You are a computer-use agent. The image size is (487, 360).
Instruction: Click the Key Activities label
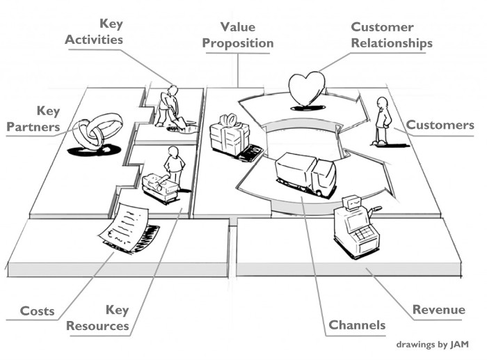94,32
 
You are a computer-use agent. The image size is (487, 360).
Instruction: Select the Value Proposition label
238,35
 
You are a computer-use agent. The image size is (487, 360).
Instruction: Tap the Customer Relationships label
391,35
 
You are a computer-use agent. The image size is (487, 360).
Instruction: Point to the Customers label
440,125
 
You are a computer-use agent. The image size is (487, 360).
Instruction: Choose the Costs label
38,311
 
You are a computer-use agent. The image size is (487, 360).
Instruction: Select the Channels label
356,325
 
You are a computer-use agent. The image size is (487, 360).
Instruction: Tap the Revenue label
438,310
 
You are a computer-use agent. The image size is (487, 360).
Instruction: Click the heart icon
307,91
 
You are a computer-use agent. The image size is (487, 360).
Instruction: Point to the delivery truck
305,172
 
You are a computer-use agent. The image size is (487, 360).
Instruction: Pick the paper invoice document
124,226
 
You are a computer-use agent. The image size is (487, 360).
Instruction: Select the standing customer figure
381,120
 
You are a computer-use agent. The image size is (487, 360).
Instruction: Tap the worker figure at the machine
175,168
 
